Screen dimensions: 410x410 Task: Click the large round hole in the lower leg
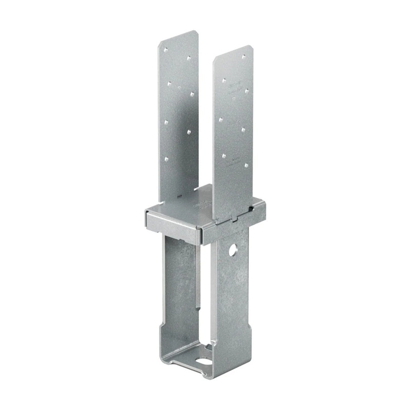234,251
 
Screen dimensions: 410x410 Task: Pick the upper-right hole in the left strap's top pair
189,58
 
